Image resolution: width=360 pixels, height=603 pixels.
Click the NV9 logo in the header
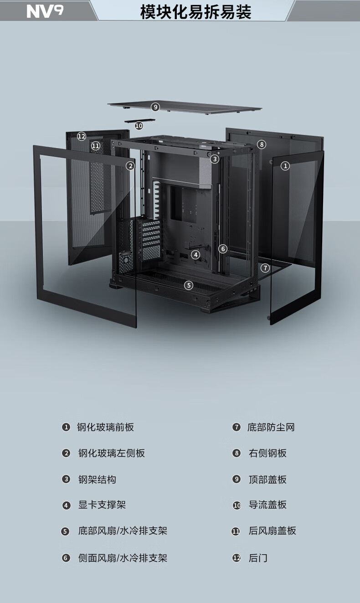point(45,11)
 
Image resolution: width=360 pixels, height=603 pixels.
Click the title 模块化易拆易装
point(195,12)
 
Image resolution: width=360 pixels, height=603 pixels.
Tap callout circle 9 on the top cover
point(155,107)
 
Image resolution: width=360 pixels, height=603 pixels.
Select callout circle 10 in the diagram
point(139,125)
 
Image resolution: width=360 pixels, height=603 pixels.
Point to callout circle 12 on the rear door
point(82,136)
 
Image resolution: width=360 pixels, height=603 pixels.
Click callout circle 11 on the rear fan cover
point(96,146)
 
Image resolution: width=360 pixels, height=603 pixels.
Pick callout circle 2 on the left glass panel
point(130,166)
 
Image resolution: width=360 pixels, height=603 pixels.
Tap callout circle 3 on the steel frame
point(215,159)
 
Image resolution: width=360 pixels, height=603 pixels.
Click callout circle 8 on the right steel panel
point(262,144)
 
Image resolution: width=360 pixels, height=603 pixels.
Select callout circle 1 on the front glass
point(285,166)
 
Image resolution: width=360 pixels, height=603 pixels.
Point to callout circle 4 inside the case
point(195,255)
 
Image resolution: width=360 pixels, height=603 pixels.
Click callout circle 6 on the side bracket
point(223,249)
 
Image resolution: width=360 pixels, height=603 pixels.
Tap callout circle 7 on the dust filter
point(265,268)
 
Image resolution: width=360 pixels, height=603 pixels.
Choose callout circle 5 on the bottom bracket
point(189,285)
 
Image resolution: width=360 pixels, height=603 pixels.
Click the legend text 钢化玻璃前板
point(105,427)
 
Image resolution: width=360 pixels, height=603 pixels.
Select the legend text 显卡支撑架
point(102,505)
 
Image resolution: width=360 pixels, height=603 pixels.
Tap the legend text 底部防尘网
point(271,427)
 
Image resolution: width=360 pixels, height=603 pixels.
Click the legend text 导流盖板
point(267,505)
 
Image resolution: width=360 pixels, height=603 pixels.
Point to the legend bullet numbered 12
point(237,558)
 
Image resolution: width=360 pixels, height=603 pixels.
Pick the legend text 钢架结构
point(97,479)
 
